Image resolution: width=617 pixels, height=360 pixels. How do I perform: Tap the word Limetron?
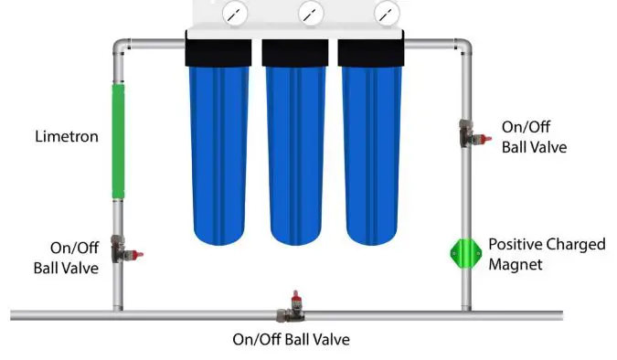(66, 137)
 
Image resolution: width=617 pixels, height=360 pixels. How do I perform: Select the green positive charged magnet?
(466, 254)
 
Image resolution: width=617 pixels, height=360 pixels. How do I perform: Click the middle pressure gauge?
(310, 14)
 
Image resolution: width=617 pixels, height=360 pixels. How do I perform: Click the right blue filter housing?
(371, 155)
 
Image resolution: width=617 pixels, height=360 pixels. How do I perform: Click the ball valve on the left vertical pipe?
(122, 249)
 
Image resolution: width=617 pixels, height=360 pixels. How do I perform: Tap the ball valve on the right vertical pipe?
(468, 133)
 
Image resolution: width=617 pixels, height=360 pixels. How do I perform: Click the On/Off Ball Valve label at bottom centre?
(291, 340)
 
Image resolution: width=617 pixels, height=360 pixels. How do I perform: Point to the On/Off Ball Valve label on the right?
(535, 136)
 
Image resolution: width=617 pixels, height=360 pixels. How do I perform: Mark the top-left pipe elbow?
(120, 45)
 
